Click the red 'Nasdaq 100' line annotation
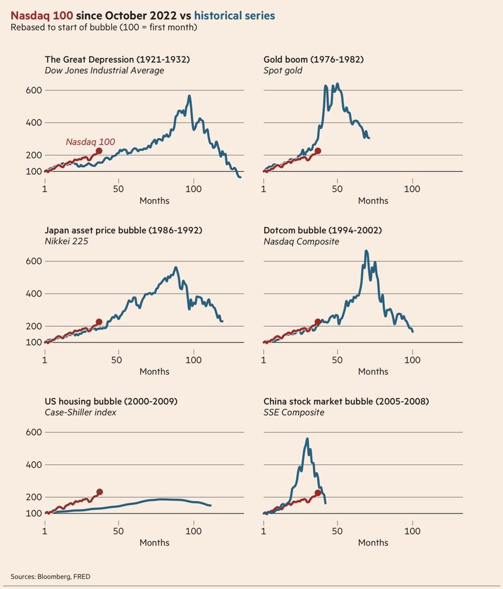coord(90,142)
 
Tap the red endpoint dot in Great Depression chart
coord(99,151)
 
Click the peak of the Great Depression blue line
coord(189,96)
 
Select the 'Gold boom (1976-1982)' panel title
coord(313,59)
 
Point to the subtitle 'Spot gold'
coord(283,70)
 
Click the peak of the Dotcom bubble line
coord(367,251)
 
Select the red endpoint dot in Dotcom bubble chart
coord(318,322)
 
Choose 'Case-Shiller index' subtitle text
coord(80,412)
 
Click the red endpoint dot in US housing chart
coord(99,492)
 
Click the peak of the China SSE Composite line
coord(307,439)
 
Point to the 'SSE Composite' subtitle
coord(294,412)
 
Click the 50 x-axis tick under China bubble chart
coord(338,531)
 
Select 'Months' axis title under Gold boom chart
coord(373,201)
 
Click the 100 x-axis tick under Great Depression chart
coord(194,189)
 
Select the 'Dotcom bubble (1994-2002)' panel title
coord(322,230)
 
